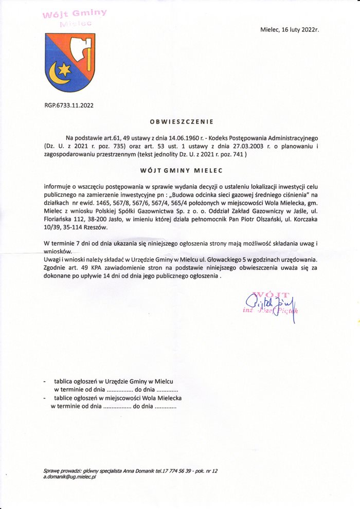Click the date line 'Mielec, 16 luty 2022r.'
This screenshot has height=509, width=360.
[x=290, y=30]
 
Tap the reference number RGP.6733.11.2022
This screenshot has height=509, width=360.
[x=69, y=105]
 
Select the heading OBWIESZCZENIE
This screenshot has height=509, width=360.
[x=181, y=122]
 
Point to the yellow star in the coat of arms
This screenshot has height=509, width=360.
[x=64, y=68]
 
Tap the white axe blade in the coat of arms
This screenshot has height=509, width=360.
[x=82, y=50]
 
